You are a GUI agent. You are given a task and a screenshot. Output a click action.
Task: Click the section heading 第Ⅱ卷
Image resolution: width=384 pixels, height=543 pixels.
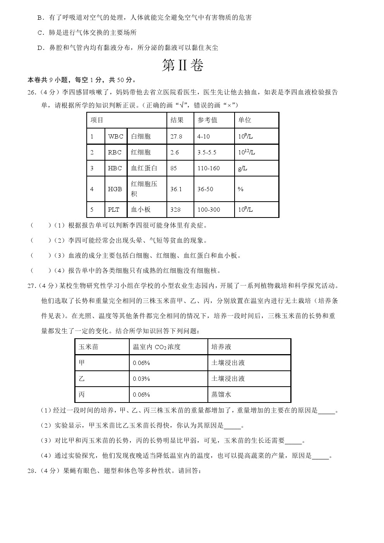coord(182,65)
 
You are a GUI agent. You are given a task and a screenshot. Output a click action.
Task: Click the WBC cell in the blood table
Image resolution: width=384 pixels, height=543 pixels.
coord(115,136)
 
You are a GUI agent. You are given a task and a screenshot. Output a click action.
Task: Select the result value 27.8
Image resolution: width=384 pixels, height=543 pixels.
coord(176,136)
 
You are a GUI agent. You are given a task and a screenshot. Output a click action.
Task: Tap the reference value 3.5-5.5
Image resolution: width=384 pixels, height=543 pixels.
coord(207,152)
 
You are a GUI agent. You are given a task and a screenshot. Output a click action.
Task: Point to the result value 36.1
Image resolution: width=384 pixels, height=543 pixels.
coord(176,189)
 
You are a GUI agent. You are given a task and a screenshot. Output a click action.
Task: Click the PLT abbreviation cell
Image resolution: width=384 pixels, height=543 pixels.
coord(113,209)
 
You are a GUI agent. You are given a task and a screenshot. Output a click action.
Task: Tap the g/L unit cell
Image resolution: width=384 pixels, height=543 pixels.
coord(242,168)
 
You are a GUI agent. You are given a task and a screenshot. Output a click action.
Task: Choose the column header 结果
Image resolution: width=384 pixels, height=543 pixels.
coord(177,120)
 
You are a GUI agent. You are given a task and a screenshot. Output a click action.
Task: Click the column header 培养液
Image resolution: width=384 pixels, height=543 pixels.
coord(221,347)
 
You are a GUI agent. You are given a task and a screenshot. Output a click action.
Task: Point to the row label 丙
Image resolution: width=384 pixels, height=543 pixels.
coord(82,394)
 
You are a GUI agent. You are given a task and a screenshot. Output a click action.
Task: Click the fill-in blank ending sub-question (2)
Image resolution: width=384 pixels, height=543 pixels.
coord(232,426)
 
